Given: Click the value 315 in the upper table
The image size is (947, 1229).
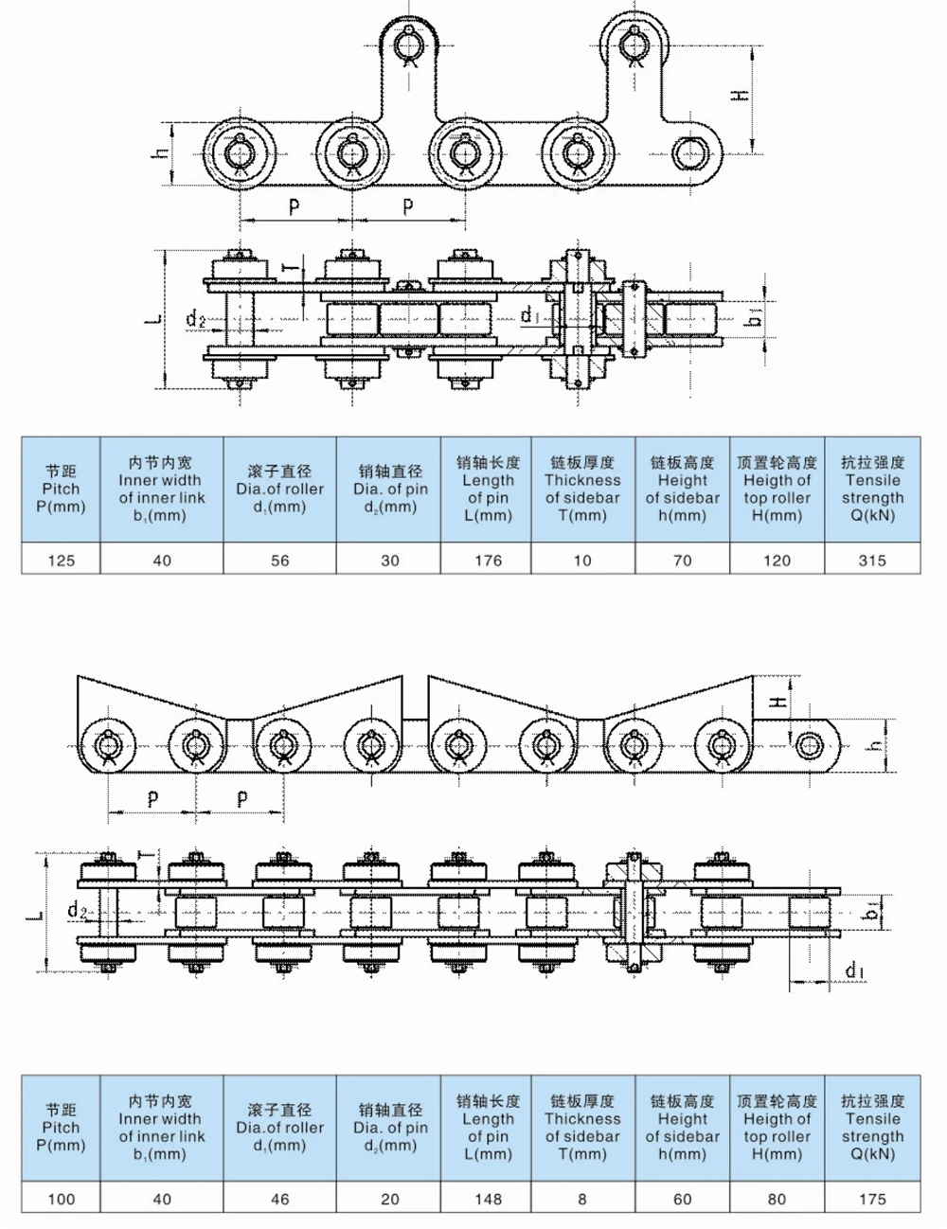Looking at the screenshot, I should (x=871, y=560).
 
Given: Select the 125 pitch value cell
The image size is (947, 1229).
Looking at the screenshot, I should (x=61, y=560).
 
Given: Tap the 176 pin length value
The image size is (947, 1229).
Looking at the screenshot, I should (x=488, y=560).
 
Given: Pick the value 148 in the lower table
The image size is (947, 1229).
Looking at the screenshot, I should (x=488, y=1199).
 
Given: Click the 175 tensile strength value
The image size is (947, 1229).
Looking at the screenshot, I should (x=871, y=1199).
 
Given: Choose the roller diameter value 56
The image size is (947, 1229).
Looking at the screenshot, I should (x=280, y=560).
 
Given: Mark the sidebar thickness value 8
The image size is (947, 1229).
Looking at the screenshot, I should (x=582, y=1199).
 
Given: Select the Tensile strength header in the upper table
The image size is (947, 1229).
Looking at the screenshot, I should (x=871, y=489).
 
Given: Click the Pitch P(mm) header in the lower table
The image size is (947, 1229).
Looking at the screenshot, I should (x=61, y=1128).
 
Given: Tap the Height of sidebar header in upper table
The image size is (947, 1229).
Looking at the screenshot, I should (x=682, y=489).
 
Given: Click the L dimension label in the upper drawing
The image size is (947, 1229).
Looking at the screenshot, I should (x=154, y=321).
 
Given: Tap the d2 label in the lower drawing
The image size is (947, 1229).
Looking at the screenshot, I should (x=78, y=911).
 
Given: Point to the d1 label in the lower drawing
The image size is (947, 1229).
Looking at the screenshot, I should (x=854, y=970).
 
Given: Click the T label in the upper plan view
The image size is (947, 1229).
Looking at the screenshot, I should (x=294, y=268).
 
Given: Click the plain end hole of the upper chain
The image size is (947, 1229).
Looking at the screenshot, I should (x=688, y=151).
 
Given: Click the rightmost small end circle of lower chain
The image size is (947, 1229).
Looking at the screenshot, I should (x=810, y=745).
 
